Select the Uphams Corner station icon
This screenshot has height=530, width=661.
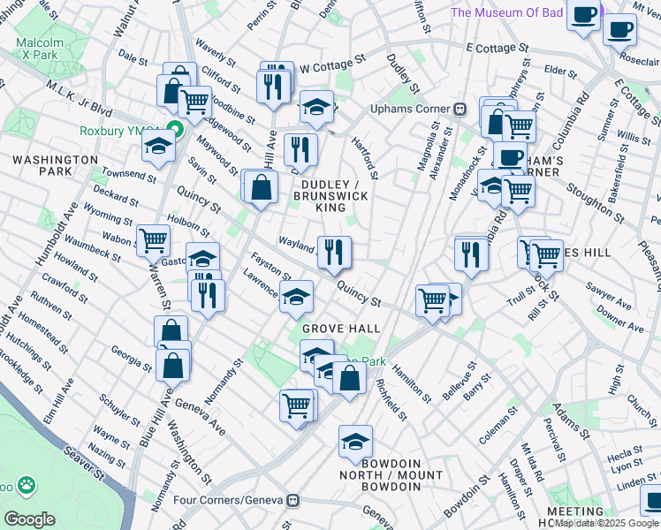[x=460, y=109]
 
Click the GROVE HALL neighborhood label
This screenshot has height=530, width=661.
[x=341, y=329]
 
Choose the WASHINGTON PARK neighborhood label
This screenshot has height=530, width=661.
[x=55, y=164]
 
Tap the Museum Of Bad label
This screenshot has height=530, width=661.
[x=520, y=12]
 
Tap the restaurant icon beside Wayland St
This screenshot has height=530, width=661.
[x=335, y=252]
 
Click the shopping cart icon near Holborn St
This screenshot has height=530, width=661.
[x=154, y=238]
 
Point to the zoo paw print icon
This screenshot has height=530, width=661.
[x=28, y=485]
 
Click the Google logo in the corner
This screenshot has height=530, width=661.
[x=30, y=519]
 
